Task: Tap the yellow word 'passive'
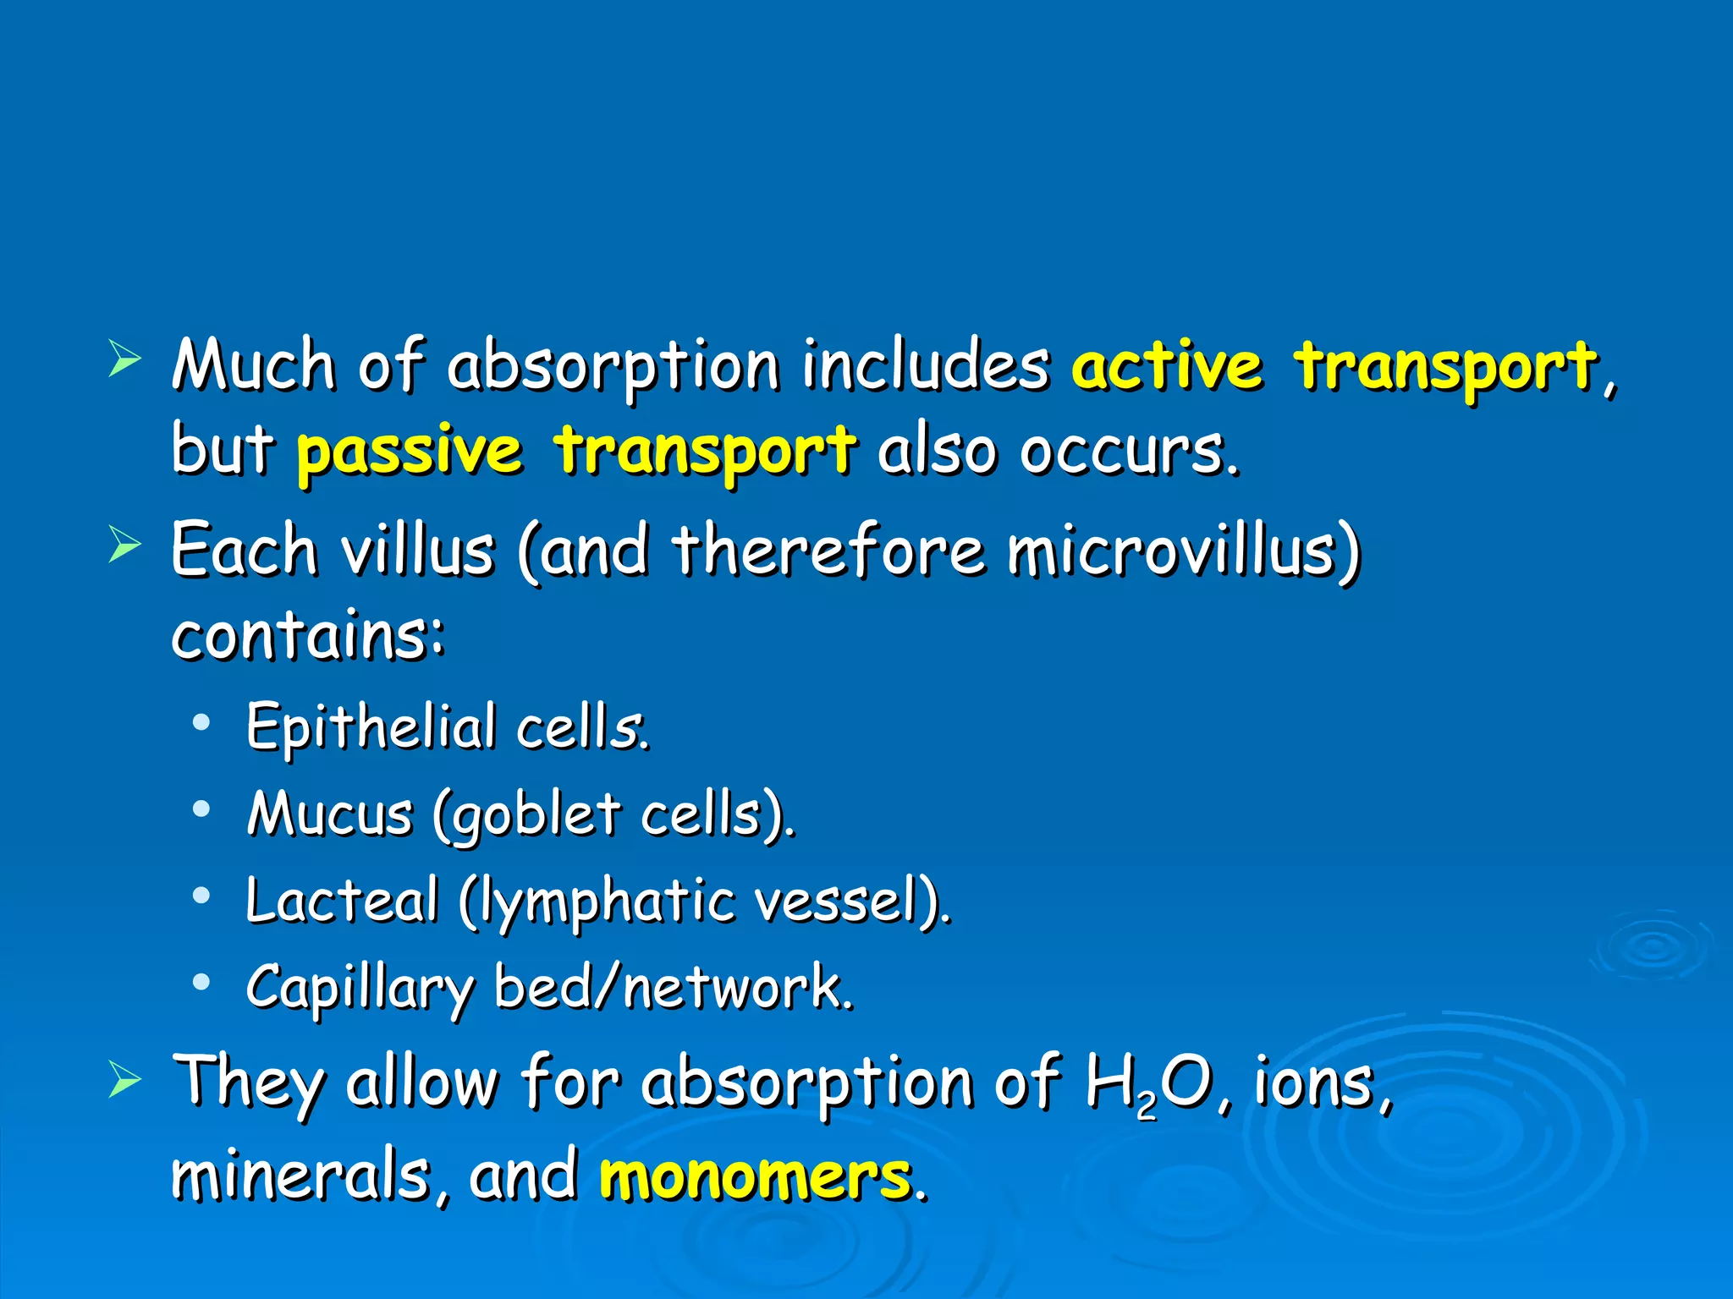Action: [409, 451]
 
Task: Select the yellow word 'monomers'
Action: [756, 1176]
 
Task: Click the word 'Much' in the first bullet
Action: [254, 366]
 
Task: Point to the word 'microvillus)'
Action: [1184, 551]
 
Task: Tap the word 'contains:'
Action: [307, 636]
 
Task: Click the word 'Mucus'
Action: [330, 814]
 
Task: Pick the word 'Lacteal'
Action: [343, 901]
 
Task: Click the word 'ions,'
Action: [1323, 1083]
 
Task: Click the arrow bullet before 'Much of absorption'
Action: [124, 359]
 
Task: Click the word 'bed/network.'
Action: [673, 988]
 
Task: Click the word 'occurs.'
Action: [1129, 451]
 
